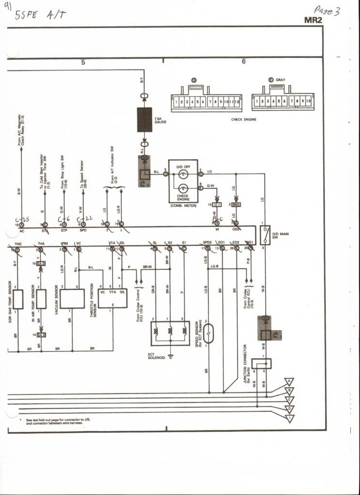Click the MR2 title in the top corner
[x=313, y=20]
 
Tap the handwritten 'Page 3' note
[x=327, y=10]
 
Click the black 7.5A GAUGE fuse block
[x=144, y=119]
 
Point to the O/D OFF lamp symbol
[x=183, y=174]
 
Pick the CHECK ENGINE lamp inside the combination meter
[x=183, y=189]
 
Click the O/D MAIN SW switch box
[x=265, y=235]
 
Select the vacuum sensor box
[x=72, y=298]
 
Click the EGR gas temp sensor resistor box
[x=18, y=299]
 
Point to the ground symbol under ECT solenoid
[x=170, y=356]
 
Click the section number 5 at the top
[x=83, y=62]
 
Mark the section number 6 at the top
[x=243, y=61]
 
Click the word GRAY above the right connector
[x=281, y=80]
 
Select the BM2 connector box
[x=236, y=205]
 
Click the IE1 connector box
[x=217, y=205]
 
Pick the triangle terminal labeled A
[x=289, y=381]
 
